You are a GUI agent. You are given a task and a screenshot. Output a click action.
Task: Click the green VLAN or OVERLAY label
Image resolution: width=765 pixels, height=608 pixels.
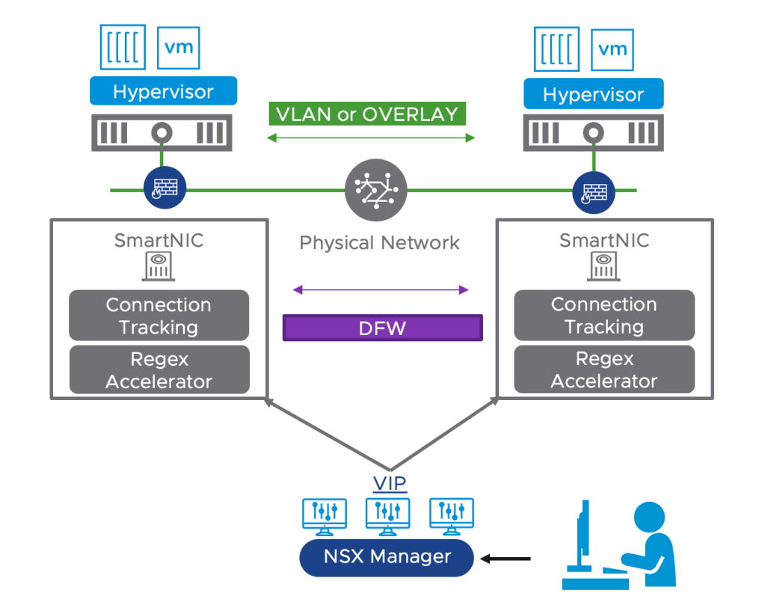pyautogui.click(x=366, y=114)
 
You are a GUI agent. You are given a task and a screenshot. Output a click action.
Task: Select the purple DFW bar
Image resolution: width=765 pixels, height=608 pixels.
pyautogui.click(x=382, y=328)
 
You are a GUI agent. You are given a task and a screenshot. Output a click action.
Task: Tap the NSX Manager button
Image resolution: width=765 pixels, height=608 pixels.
pyautogui.click(x=387, y=557)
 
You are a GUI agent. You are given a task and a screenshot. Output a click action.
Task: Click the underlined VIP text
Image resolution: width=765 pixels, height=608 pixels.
pyautogui.click(x=389, y=484)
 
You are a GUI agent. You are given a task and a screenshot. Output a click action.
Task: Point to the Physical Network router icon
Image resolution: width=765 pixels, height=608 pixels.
pyautogui.click(x=376, y=190)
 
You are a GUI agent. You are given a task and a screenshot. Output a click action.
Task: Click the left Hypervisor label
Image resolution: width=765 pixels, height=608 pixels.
pyautogui.click(x=163, y=92)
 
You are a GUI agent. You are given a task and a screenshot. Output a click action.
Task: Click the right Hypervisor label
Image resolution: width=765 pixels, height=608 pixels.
pyautogui.click(x=593, y=95)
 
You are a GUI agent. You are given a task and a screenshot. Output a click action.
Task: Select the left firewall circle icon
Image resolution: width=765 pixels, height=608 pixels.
pyautogui.click(x=165, y=188)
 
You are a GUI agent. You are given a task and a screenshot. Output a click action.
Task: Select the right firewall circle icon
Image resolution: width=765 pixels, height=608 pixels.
pyautogui.click(x=593, y=192)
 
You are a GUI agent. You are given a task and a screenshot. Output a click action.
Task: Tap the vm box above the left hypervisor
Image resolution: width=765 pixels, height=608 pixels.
pyautogui.click(x=179, y=47)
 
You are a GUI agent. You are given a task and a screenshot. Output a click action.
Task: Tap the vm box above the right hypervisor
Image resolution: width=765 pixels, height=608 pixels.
pyautogui.click(x=613, y=49)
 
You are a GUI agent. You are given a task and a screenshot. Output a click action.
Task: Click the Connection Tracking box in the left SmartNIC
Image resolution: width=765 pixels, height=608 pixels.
pyautogui.click(x=159, y=316)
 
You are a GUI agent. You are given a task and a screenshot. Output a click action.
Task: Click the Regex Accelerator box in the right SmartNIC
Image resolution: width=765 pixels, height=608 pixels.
pyautogui.click(x=604, y=369)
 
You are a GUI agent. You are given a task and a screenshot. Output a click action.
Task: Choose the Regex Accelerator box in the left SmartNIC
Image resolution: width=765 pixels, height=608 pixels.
pyautogui.click(x=159, y=370)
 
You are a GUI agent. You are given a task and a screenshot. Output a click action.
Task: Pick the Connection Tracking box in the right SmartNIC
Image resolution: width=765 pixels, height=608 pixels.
pyautogui.click(x=604, y=315)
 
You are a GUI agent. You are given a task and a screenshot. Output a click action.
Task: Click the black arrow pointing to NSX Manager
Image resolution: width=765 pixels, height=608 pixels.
pyautogui.click(x=506, y=558)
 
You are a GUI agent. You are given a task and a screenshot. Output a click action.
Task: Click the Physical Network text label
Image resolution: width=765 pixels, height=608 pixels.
pyautogui.click(x=379, y=242)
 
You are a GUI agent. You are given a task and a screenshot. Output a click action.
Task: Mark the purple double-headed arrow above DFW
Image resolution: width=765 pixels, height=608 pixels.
pyautogui.click(x=381, y=289)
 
